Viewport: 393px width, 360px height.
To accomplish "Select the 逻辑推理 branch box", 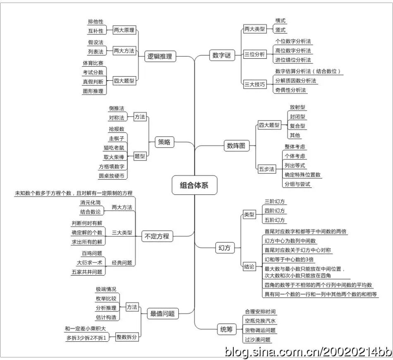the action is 160,56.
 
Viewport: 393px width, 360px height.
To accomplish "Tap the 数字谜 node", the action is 222,55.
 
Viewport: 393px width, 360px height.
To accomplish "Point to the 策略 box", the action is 164,142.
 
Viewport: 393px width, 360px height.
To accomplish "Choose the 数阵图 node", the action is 236,146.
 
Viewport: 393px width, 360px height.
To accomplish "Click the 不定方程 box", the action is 157,236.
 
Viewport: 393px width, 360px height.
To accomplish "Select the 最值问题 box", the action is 163,314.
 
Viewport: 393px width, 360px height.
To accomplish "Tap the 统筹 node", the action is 226,329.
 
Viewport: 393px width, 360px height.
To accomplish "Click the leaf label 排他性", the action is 96,22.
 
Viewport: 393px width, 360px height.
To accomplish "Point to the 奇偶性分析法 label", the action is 291,90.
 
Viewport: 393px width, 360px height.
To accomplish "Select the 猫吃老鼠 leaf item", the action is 114,147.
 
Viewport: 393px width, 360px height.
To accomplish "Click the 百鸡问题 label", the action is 92,253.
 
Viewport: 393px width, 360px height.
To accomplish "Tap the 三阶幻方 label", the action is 275,202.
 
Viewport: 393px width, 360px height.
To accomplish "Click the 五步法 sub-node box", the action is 267,169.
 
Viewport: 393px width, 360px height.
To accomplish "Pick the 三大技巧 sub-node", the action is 254,84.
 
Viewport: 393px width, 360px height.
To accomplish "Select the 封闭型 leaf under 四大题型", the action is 298,117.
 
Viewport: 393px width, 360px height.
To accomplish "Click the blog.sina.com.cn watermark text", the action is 308,351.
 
